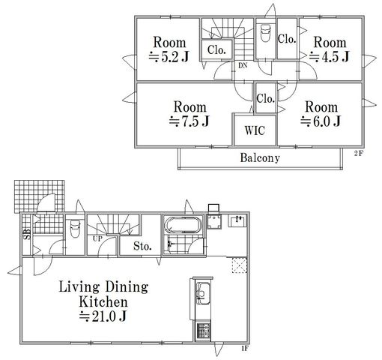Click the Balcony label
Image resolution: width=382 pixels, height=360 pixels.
coord(260,158)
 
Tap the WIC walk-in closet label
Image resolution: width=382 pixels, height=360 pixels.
coord(255,130)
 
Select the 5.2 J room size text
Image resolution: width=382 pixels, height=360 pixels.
coord(169,57)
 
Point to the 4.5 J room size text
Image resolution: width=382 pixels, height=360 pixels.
coord(330,57)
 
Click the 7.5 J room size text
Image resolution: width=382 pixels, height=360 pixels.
coord(190,121)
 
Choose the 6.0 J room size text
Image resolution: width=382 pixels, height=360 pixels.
coord(321,121)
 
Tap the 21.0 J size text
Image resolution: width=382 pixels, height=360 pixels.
coord(103,316)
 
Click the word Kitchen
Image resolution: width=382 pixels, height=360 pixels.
coord(103,301)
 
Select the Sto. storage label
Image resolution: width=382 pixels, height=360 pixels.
coord(142,247)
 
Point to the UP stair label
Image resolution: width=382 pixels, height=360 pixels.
coord(97,238)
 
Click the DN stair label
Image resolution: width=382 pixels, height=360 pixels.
coord(243,66)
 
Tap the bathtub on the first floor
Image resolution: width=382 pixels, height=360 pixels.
coord(183,225)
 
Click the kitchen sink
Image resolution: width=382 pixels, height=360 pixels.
coord(203,293)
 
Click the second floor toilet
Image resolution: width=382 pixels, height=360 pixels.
coord(265,34)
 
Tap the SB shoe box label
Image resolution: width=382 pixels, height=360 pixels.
coord(27,234)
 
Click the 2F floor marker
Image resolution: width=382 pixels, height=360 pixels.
coord(358,154)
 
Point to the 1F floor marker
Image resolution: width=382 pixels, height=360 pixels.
coord(244,349)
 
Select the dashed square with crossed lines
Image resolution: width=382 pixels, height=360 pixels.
coord(240,265)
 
